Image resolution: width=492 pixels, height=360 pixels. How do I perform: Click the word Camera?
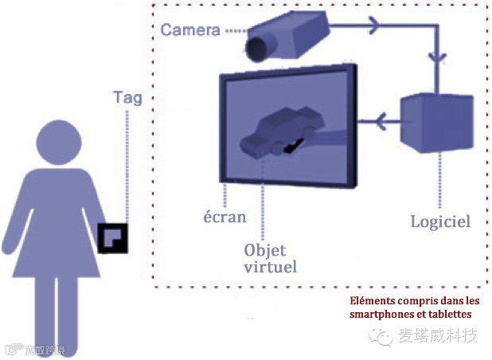click(189, 30)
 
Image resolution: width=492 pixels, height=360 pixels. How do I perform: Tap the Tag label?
click(127, 98)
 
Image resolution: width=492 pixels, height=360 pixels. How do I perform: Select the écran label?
click(224, 217)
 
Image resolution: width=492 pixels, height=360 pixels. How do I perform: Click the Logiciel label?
click(440, 221)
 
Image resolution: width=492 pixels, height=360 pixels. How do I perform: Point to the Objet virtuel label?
click(269, 258)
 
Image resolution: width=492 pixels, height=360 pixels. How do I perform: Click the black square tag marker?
click(112, 237)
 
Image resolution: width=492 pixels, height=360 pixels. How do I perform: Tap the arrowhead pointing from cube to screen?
click(381, 121)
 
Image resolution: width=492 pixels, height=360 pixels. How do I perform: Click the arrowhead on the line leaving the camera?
click(372, 26)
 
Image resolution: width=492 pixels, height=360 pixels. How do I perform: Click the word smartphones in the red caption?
click(381, 315)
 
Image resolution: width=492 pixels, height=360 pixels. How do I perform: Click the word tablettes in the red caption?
click(454, 315)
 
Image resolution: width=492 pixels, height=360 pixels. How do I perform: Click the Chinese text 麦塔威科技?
click(438, 335)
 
